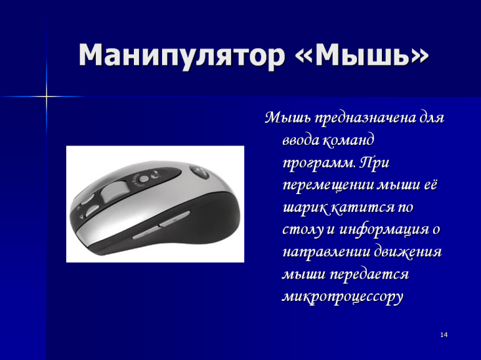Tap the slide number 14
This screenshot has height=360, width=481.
pos(444,334)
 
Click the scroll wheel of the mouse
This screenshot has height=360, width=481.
pos(114,191)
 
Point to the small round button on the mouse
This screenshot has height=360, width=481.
pos(144,178)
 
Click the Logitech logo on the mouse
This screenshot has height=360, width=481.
pos(156,175)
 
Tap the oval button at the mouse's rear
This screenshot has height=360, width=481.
pos(199,172)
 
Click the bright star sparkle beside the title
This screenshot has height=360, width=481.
pos(47,96)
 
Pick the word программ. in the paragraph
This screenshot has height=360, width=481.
pos(319,163)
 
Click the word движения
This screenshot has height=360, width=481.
pos(408,252)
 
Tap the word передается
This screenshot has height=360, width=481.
pos(369,275)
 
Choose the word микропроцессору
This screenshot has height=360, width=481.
pos(343,297)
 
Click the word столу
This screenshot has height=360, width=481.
pos(303,230)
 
